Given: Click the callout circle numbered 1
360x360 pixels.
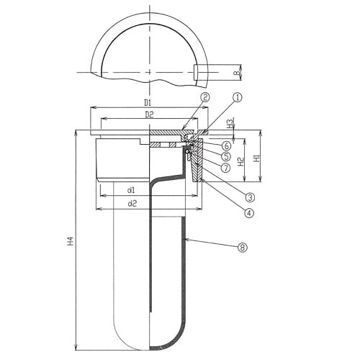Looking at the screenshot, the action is click(x=238, y=98).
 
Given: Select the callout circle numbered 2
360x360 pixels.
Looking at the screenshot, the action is click(x=205, y=97).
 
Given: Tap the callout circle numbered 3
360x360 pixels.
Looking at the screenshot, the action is click(x=250, y=197).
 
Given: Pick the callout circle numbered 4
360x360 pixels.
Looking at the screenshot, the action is click(x=249, y=212).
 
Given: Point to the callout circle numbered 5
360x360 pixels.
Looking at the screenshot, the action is click(x=226, y=156).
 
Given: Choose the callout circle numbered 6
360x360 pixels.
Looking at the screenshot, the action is click(x=226, y=145).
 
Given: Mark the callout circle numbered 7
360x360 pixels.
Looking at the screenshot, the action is click(x=225, y=168).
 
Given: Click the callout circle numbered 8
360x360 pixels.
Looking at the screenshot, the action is click(x=243, y=247).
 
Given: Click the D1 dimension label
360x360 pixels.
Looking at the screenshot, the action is click(x=148, y=103).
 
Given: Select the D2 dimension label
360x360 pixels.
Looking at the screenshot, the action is click(x=149, y=114).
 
